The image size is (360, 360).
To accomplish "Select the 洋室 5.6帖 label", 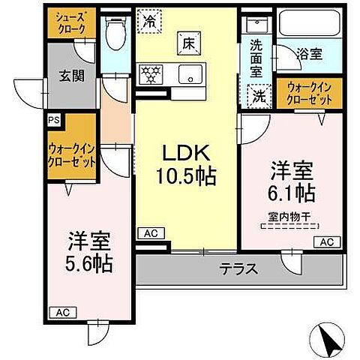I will point(89,253).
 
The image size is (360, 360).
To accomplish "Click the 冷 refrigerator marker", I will point(151,20).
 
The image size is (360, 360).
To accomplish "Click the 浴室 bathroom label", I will point(310,54).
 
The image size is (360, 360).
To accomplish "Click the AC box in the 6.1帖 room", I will point(327,241).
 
